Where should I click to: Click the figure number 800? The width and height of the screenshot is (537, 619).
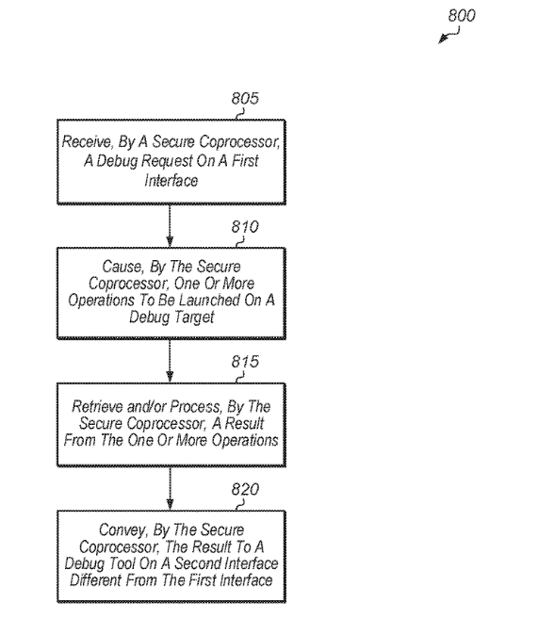462,15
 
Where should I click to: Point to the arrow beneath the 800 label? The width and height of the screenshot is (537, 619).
449,35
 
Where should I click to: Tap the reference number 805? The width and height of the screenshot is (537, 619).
245,98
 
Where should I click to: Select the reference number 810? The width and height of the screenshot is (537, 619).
245,227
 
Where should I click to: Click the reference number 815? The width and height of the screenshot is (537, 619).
245,362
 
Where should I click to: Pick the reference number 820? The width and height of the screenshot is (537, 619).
245,489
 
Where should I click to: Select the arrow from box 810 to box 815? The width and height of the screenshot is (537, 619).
170,361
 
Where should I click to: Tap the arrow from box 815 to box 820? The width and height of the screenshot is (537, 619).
170,489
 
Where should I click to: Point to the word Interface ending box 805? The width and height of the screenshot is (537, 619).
171,180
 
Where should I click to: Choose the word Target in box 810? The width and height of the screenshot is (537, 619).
194,317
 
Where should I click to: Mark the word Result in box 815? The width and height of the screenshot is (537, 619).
244,423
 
